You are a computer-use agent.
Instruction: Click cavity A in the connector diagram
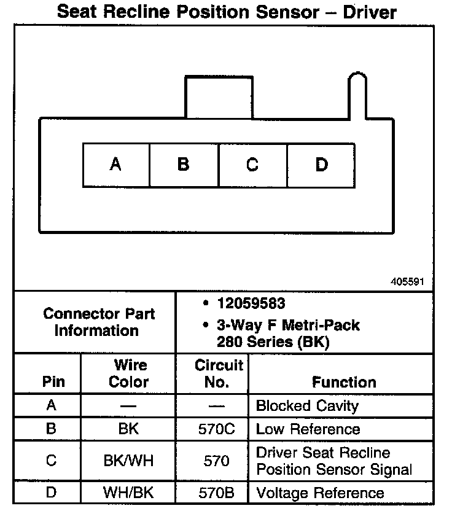coord(116,165)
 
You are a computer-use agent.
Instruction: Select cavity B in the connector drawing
coord(184,165)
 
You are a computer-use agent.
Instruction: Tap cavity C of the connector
coord(252,165)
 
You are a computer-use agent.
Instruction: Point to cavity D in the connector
coord(321,165)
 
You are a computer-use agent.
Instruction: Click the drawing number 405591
coord(407,282)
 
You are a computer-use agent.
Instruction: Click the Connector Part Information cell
coord(99,322)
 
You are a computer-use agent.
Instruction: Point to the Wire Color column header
coord(129,373)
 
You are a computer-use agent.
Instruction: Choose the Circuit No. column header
coord(219,373)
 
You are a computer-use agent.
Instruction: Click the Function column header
coord(344,382)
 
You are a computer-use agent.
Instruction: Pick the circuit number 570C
coord(216,429)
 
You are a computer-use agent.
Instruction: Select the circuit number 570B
coord(216,493)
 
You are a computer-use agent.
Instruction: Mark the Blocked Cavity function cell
coord(306,406)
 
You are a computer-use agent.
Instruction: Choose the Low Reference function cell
coord(308,429)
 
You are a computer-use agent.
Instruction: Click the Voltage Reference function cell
coord(319,493)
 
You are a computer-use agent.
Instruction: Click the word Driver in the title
coord(366,12)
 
